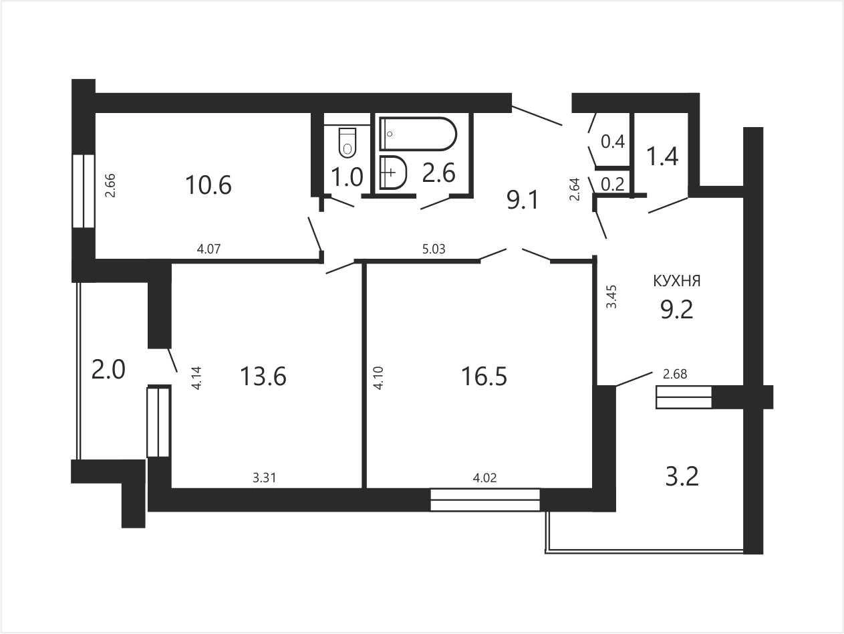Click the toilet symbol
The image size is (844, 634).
[347, 142]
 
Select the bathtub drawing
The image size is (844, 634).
[418, 134]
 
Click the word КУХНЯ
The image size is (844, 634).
[677, 282]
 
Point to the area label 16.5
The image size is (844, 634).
[484, 377]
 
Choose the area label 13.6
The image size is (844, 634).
[263, 377]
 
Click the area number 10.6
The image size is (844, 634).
[208, 185]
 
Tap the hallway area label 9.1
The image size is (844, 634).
[523, 201]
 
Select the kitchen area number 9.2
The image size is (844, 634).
[677, 310]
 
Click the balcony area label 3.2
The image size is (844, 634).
[682, 476]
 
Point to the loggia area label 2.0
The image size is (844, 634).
[108, 370]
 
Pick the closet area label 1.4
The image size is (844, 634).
[662, 156]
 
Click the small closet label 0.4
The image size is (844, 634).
[613, 142]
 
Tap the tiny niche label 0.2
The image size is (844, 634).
[613, 185]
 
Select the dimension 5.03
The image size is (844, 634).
[434, 249]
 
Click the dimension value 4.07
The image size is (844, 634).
[208, 249]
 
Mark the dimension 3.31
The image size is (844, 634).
[265, 478]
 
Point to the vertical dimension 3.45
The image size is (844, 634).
[611, 297]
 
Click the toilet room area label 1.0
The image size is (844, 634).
[347, 178]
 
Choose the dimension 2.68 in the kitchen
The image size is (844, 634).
[675, 374]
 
